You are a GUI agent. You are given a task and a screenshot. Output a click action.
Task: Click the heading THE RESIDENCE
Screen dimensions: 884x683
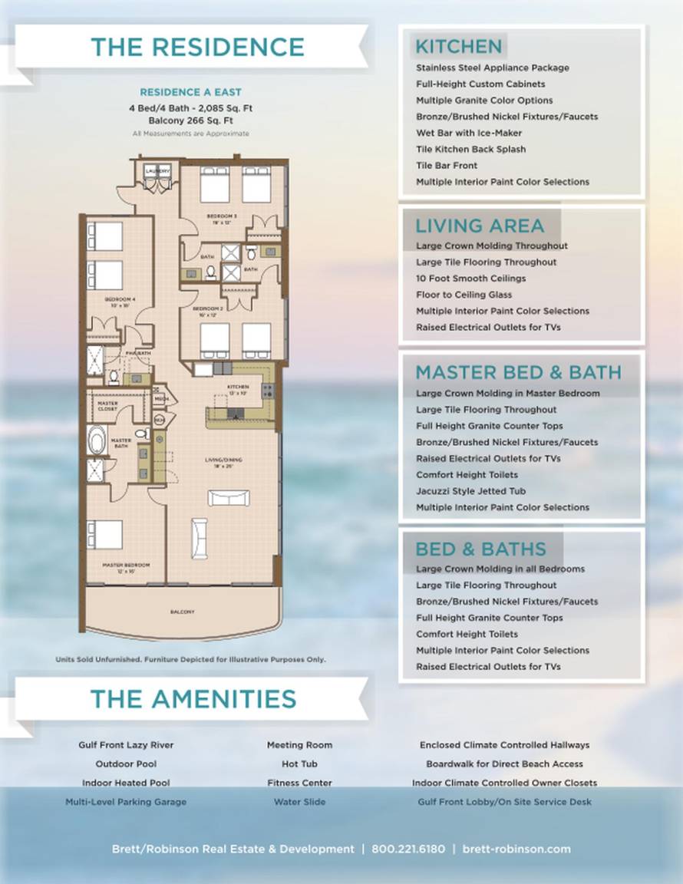tap(197, 47)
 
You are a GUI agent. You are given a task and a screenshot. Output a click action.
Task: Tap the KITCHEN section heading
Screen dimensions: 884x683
tap(458, 46)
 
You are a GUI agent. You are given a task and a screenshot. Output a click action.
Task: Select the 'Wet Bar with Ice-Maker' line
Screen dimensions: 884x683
tap(469, 133)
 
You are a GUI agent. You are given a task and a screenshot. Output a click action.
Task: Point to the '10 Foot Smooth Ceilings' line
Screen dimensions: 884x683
tap(470, 279)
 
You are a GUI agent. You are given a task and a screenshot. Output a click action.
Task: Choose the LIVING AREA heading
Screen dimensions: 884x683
tap(480, 226)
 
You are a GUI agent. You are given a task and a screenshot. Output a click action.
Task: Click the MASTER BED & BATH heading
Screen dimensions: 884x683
tap(518, 372)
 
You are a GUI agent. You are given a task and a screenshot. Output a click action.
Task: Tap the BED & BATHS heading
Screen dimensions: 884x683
tap(480, 549)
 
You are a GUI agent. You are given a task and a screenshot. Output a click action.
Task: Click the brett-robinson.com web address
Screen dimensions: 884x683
tap(516, 849)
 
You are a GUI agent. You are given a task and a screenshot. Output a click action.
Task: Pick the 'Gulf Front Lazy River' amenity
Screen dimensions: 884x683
tap(126, 745)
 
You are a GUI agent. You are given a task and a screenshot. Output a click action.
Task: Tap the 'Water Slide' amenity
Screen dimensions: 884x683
tap(299, 802)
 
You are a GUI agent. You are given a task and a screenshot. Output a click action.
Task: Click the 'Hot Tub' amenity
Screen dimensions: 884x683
tap(299, 764)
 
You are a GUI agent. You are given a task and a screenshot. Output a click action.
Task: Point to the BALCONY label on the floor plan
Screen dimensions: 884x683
tap(182, 612)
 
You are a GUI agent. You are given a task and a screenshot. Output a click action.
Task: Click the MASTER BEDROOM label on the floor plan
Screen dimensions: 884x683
tap(126, 565)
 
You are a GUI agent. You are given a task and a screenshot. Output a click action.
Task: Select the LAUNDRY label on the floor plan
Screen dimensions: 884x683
tap(157, 167)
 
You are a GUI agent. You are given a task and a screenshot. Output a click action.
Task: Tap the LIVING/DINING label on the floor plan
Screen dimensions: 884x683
tap(223, 460)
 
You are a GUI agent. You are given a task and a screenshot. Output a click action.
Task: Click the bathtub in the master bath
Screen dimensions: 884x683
tap(97, 441)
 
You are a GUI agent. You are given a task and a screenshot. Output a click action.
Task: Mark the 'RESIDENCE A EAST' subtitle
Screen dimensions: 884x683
tap(190, 92)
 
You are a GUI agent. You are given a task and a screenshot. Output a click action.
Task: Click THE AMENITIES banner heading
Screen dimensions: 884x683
tap(193, 698)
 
